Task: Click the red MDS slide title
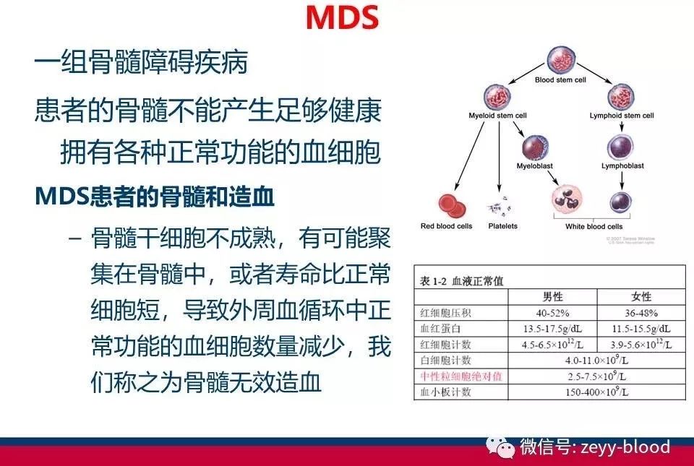pyautogui.click(x=342, y=18)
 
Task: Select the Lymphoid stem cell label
pyautogui.click(x=622, y=116)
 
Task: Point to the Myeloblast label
pyautogui.click(x=536, y=165)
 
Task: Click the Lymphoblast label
pyautogui.click(x=622, y=165)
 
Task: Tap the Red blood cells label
pyautogui.click(x=446, y=226)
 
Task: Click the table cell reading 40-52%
pyautogui.click(x=553, y=313)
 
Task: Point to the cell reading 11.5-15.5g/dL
pyautogui.click(x=641, y=329)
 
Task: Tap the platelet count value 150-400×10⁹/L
pyautogui.click(x=597, y=392)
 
